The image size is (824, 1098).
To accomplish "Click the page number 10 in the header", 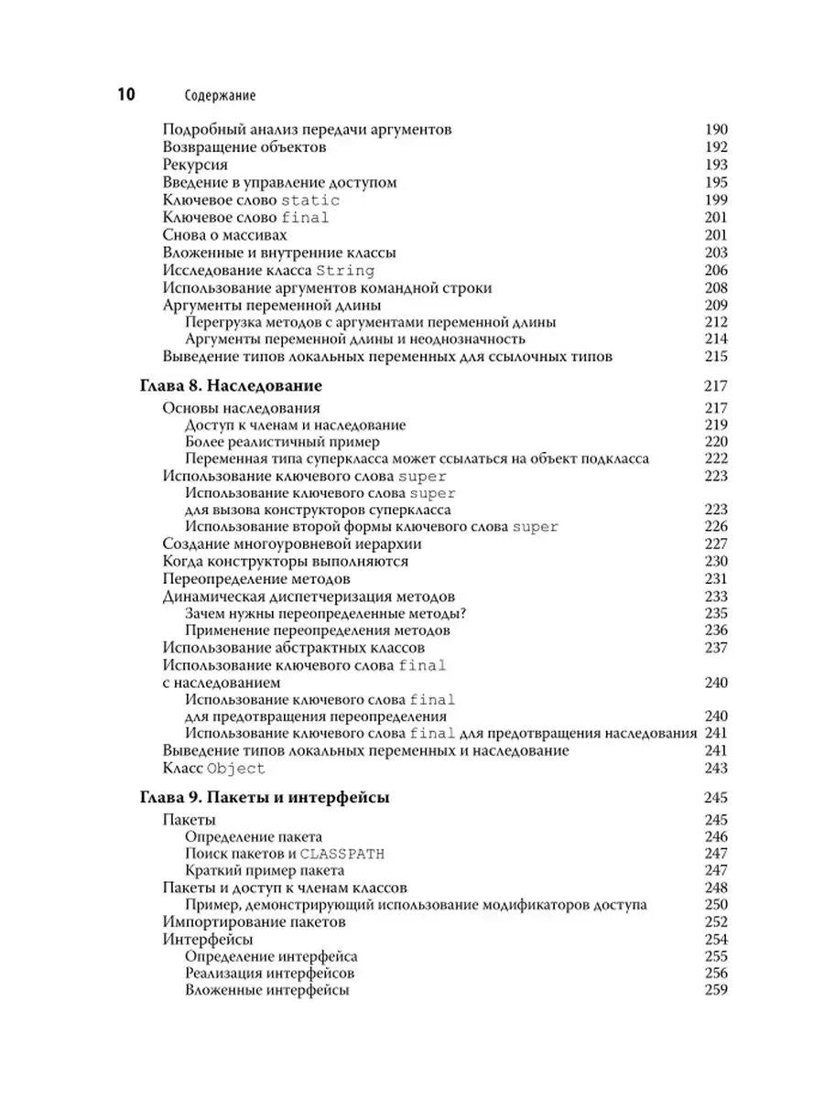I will [124, 94].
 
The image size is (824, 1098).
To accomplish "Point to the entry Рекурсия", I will [195, 165].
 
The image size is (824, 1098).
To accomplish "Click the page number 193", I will [716, 165].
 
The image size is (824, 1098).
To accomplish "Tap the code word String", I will [344, 270].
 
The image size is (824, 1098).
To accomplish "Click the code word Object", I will [236, 769].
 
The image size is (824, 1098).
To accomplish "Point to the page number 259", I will [716, 991].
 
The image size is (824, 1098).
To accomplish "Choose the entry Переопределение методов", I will [256, 579].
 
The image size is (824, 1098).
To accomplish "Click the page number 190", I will [716, 130].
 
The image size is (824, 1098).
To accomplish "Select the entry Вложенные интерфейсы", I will [266, 991].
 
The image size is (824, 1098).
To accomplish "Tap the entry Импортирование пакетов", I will [255, 922].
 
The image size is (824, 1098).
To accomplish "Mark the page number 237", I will [716, 648].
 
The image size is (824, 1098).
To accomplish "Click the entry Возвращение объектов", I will [244, 147].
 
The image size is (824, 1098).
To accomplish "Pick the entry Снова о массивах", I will [217, 235].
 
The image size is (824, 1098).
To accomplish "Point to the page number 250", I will [716, 905].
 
